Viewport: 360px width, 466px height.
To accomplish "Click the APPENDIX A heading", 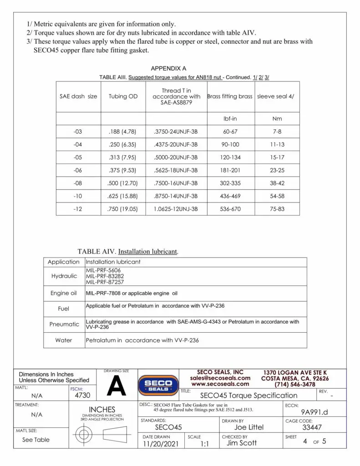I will [x=168, y=69].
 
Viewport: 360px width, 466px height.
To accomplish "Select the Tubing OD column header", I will [x=123, y=96].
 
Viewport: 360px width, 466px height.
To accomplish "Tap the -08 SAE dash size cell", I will [x=78, y=183].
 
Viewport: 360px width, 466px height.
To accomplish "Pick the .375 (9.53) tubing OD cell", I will [x=123, y=170].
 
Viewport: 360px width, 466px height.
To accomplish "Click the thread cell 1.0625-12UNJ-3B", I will [x=176, y=209].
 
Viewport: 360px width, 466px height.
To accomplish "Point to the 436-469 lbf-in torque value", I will [x=230, y=196].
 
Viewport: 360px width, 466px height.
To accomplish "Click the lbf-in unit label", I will [x=230, y=119].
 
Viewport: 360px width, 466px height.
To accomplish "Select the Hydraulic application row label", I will [x=64, y=276].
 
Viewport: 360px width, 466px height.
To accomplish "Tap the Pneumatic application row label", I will [x=64, y=324].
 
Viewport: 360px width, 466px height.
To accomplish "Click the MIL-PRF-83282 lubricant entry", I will [x=105, y=276].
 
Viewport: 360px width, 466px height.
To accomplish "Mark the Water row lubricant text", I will [x=142, y=340].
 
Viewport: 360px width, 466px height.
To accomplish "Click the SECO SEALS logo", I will [x=158, y=385].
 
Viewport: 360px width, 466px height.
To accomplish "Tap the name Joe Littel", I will [x=248, y=427].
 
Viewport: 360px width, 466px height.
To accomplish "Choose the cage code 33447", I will [x=312, y=427].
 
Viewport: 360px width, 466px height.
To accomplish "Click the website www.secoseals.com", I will [x=220, y=384].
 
